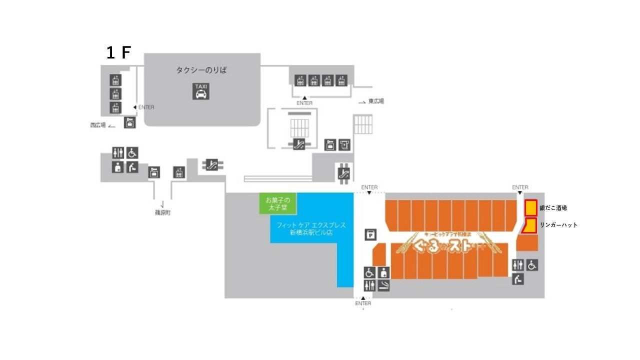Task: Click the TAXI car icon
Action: point(201,91)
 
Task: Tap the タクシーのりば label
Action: point(201,70)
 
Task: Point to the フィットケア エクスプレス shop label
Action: point(311,228)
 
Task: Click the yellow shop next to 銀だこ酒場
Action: point(530,207)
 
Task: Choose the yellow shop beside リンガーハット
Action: point(530,225)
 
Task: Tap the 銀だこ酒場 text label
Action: point(553,208)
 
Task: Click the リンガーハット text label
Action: point(558,225)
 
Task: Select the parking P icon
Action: point(370,234)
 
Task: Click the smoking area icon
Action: point(383,285)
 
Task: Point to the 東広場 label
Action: point(376,101)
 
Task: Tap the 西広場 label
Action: point(97,125)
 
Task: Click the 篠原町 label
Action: point(162,212)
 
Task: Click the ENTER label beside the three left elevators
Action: point(146,107)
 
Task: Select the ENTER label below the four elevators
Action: point(304,103)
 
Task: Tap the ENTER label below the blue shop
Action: point(363,303)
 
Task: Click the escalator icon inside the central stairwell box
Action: point(299,144)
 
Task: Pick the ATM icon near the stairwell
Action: point(329,145)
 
